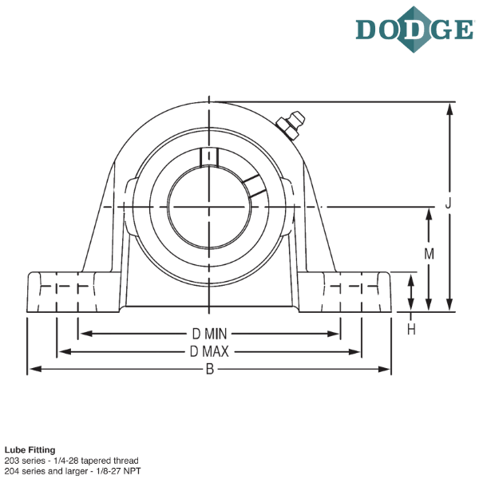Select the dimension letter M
tap(429, 255)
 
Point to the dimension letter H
tap(411, 329)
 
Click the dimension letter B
tap(209, 369)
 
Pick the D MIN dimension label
tap(210, 333)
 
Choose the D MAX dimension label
tap(210, 351)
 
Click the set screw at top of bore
tap(209, 157)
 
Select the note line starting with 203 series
tap(72, 461)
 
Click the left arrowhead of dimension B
tap(32, 369)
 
